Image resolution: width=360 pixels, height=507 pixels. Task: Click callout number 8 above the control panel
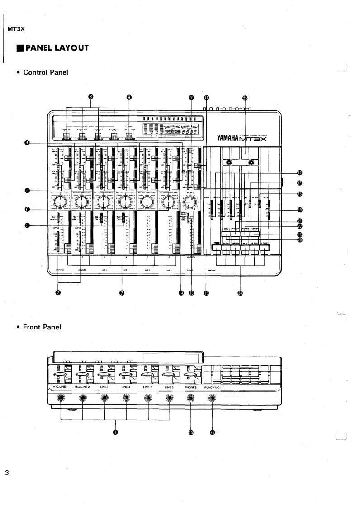coord(90,97)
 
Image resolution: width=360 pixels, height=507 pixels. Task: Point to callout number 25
coord(245,97)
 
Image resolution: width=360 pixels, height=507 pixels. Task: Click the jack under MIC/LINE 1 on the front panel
coord(61,398)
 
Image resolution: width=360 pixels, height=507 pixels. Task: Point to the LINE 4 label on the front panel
coord(126,387)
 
